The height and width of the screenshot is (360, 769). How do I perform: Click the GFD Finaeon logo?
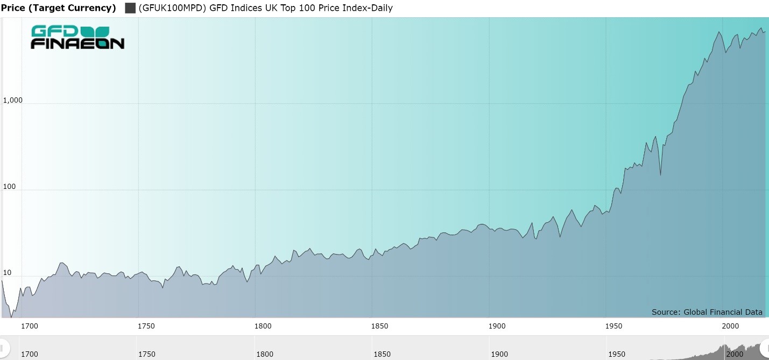pos(77,37)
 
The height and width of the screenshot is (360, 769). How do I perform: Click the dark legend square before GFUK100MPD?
pos(130,8)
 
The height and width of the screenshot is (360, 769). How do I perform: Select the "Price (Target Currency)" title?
pos(59,8)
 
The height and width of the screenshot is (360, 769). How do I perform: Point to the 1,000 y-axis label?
pos(13,101)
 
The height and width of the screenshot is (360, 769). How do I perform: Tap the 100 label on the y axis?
pos(10,187)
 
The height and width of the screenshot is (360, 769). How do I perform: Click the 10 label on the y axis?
pos(8,273)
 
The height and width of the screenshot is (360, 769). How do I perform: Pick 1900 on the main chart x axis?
pos(497,326)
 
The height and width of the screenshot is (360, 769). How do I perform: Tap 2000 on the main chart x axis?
pos(730,326)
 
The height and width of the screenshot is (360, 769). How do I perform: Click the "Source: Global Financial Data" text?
pos(707,312)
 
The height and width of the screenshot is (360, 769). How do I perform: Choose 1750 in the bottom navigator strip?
pos(146,354)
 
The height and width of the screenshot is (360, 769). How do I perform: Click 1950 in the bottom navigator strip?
pos(616,354)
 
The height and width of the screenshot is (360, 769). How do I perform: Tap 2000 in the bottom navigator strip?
pos(734,354)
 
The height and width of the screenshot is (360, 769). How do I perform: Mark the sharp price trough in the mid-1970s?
pos(660,175)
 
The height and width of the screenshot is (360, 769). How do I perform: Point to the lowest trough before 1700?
pos(11,317)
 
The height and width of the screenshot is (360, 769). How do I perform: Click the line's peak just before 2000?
pos(719,32)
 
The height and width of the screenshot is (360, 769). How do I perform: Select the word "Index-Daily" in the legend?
pos(369,8)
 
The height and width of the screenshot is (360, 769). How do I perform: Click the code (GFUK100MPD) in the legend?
pos(173,8)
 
